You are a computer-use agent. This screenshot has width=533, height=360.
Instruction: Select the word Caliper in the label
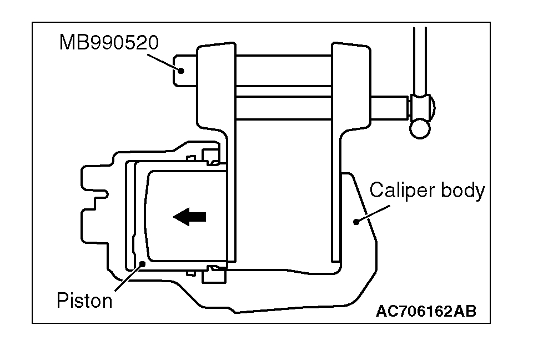403,191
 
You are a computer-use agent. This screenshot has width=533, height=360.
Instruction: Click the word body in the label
462,191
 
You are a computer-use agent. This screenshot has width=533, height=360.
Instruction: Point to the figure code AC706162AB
426,312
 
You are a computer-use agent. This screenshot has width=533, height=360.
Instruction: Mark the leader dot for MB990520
181,70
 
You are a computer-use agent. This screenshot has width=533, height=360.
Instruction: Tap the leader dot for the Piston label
143,263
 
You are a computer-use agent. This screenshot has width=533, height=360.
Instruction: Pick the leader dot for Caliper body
356,221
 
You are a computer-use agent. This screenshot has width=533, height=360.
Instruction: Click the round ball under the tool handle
420,129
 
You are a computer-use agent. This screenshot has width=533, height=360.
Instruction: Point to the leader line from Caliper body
375,212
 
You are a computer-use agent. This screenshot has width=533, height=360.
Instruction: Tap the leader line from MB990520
166,58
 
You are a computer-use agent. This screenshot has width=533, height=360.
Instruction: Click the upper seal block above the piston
210,156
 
